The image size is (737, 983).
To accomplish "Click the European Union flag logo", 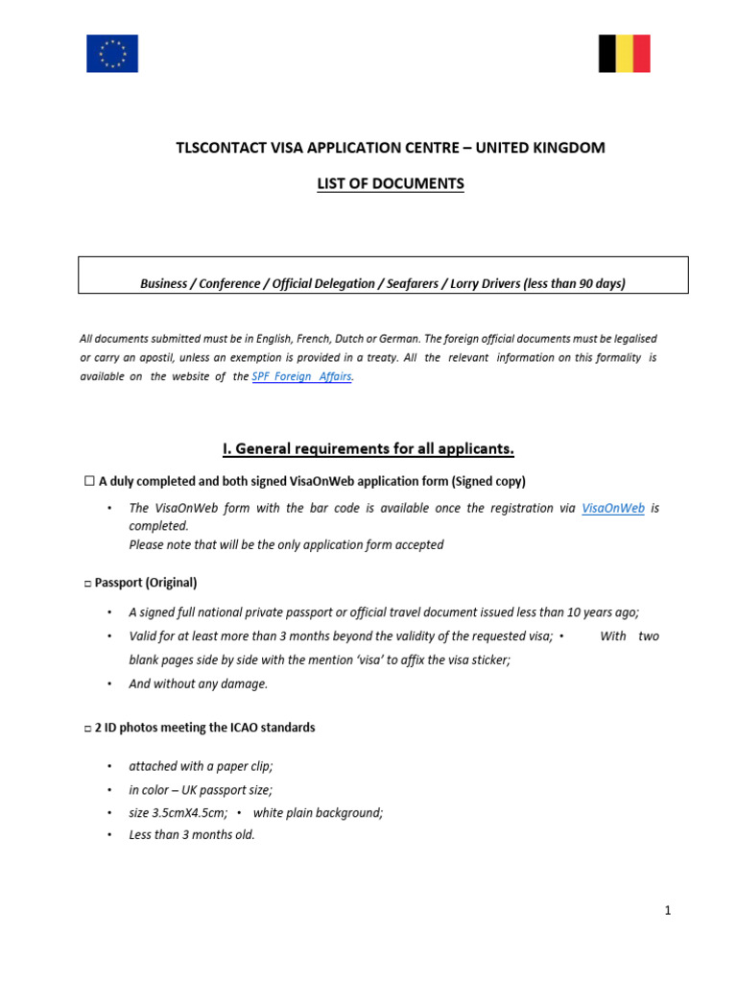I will coord(112,54).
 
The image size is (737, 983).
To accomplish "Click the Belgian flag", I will coord(625,54).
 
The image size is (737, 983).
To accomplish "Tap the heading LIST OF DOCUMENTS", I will coord(391,183).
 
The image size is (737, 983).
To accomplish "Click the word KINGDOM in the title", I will coord(565,148).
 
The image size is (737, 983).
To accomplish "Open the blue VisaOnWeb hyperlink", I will coord(613,508).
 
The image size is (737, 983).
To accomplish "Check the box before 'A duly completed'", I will coord(89,481).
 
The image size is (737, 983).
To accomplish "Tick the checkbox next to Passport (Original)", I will coord(87,583).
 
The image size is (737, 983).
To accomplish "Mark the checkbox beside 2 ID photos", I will coord(87,729).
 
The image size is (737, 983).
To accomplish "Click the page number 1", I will coord(667,911).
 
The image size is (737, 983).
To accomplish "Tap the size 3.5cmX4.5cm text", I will coord(178,812).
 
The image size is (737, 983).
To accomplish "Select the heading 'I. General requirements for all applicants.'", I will coord(368,448).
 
